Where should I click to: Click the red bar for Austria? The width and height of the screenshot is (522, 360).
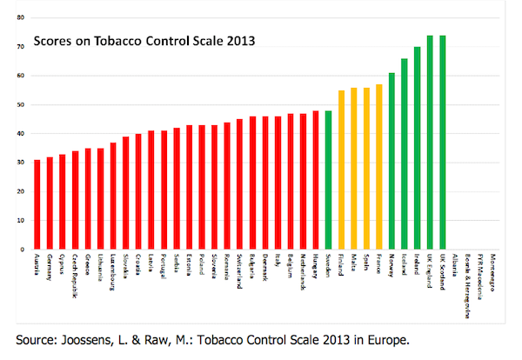[37, 204]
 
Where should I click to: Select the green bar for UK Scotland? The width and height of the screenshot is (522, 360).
[442, 143]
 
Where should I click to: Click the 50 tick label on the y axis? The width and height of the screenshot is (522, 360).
[20, 105]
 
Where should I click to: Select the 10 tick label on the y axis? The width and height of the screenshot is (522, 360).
[20, 221]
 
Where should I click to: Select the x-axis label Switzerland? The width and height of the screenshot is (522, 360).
[239, 273]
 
